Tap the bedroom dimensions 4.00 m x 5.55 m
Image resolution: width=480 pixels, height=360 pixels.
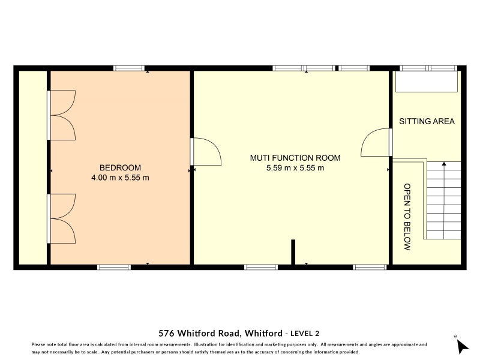(x=120, y=178)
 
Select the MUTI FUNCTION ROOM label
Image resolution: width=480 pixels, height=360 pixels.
(x=295, y=158)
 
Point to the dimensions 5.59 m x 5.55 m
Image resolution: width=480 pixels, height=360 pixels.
(x=295, y=168)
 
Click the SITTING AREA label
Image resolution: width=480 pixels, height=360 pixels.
(x=427, y=121)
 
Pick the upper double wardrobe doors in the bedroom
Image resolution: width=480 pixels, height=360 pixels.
(x=61, y=115)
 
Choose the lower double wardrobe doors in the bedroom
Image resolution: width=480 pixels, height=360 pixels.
(x=61, y=218)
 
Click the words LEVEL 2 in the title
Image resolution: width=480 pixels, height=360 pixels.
(x=310, y=333)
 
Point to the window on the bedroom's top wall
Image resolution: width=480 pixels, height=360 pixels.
(x=129, y=68)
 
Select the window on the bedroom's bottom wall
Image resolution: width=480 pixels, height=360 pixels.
(x=114, y=267)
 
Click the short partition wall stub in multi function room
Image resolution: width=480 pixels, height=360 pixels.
(x=293, y=251)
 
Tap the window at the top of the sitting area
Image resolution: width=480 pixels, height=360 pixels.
(x=428, y=68)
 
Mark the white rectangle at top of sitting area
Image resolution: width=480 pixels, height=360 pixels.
(x=427, y=82)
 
